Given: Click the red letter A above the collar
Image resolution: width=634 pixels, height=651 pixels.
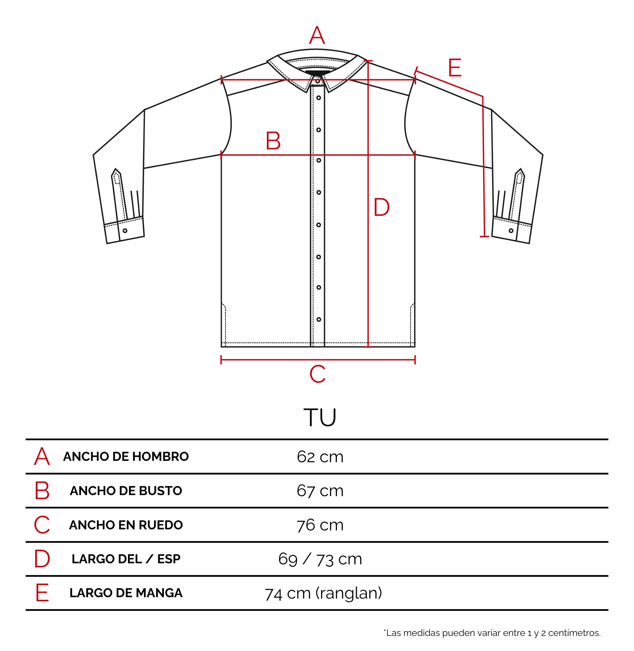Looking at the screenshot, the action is click(317, 35).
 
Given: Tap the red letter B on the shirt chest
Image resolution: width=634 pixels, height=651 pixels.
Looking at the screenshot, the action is click(273, 140).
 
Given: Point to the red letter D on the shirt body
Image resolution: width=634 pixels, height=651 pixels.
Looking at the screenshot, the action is click(381, 207).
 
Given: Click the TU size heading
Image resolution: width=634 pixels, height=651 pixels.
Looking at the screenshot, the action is click(320, 417).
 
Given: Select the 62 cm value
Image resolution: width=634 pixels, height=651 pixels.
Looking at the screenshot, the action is click(320, 457).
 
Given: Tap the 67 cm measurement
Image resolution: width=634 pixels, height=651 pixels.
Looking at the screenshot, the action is click(320, 491).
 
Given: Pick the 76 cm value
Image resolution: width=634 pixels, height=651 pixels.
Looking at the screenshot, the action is click(320, 525).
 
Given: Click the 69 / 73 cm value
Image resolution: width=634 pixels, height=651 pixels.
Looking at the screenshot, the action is click(320, 559).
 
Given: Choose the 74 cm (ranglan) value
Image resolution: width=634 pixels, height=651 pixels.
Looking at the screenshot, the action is click(324, 593).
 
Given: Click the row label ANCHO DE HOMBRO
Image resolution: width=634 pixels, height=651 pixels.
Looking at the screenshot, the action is click(126, 456).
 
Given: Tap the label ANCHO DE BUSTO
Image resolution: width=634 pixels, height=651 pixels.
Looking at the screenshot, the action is click(126, 491).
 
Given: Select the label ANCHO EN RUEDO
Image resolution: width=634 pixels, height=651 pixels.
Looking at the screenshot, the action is click(126, 525).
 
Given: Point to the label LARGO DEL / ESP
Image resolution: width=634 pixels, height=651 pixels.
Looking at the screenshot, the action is click(126, 559).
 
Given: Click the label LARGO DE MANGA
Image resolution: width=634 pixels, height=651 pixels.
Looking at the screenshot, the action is click(126, 593).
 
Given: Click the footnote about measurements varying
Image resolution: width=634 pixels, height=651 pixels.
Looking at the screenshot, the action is click(492, 633).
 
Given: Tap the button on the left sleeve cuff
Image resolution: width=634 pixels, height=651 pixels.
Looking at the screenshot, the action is click(125, 231).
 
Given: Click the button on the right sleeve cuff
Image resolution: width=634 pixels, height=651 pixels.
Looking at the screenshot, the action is click(511, 231).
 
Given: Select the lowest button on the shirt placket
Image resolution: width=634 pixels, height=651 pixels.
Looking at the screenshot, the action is click(319, 319).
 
